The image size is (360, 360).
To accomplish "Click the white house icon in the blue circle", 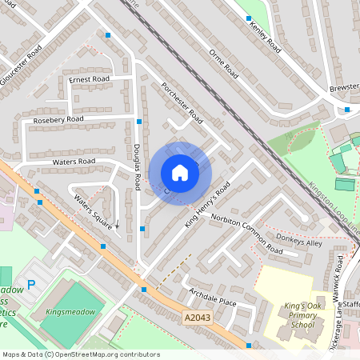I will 180,173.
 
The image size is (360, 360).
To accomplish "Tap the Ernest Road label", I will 89,79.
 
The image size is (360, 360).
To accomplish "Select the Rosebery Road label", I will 58,119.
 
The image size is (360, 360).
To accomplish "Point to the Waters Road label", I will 74,161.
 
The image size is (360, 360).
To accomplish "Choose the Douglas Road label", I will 137,166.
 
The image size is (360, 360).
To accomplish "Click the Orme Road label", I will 224,62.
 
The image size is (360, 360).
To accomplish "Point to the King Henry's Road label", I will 207,204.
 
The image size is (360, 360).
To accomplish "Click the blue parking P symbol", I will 32,283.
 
